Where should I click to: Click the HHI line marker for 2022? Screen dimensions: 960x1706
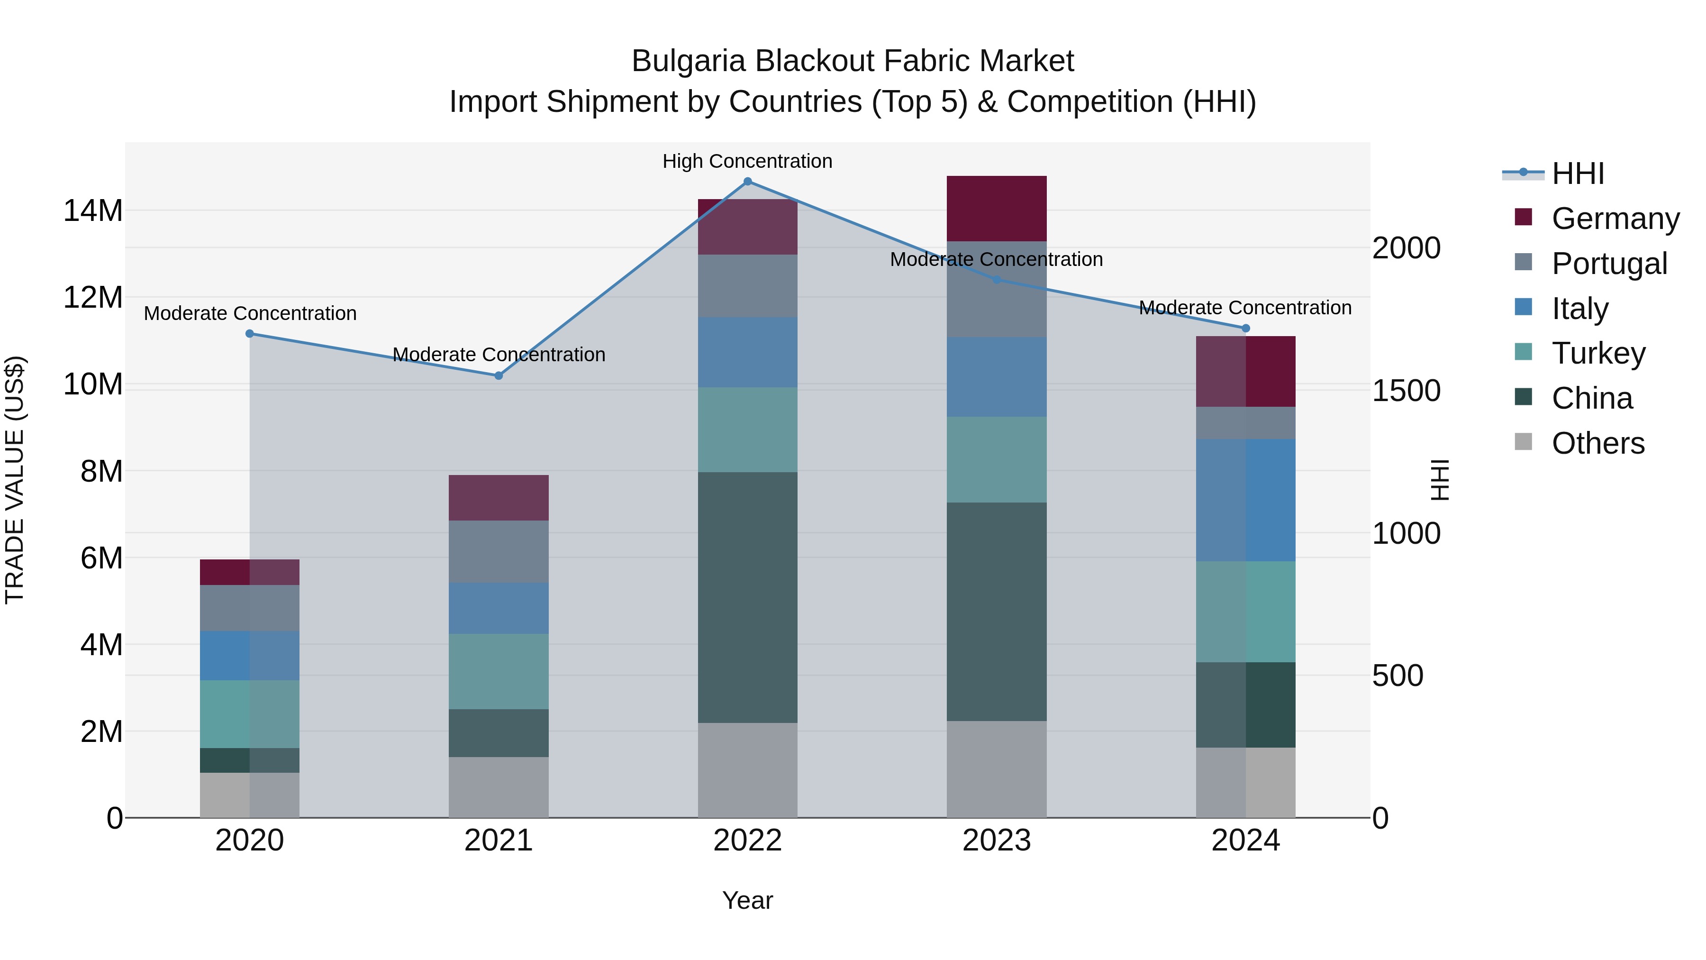click(x=748, y=182)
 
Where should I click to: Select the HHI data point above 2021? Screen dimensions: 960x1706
click(x=499, y=375)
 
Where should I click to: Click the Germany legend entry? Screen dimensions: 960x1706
click(x=1615, y=219)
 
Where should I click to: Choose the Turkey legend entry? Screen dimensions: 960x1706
click(x=1598, y=353)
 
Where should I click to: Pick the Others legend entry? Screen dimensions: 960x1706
click(x=1597, y=443)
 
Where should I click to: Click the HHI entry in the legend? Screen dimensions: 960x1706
click(x=1578, y=174)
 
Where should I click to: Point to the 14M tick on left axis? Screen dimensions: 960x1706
click(x=93, y=210)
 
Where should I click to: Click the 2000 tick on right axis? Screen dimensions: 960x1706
click(x=1406, y=248)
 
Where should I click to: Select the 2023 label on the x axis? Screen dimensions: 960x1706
click(x=996, y=841)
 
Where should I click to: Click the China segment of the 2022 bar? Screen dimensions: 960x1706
click(x=748, y=596)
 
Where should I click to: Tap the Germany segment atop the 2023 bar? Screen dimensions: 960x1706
click(x=996, y=208)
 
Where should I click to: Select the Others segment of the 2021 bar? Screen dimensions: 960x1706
click(x=499, y=787)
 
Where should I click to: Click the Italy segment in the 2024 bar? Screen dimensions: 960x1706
click(x=1245, y=500)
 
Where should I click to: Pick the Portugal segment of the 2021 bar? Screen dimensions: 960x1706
click(x=499, y=551)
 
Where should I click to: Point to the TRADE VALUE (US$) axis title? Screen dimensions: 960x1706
click(x=15, y=480)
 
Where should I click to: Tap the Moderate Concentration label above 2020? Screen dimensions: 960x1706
click(x=250, y=313)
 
